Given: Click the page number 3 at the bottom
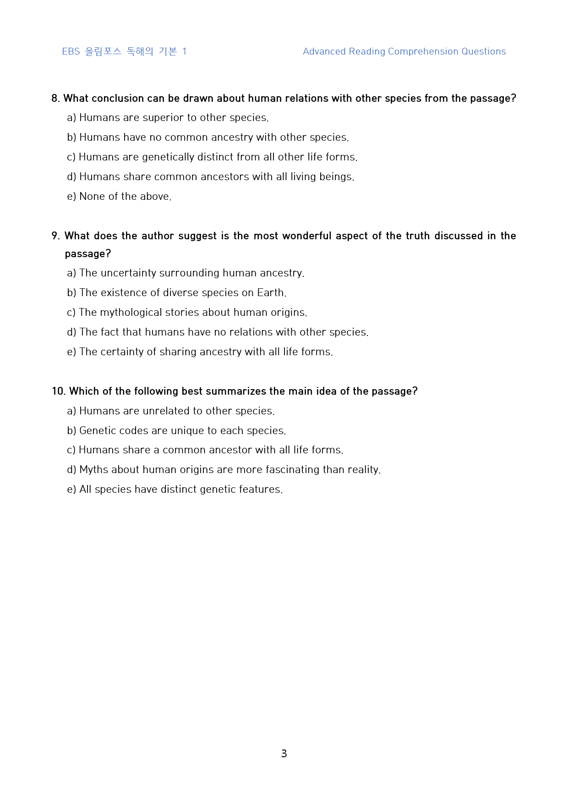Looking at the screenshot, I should [284, 754].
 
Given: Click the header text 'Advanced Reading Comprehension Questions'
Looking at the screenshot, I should [404, 51].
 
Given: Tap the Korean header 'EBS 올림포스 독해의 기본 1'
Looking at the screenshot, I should [124, 51].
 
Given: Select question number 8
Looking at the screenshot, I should [55, 98].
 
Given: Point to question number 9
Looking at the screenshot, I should [55, 236].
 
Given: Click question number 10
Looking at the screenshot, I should [59, 391].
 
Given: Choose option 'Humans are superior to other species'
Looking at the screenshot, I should [168, 118].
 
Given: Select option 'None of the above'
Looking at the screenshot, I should [119, 197].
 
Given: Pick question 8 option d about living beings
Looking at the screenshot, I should [211, 177].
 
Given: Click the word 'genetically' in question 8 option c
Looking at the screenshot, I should [168, 157].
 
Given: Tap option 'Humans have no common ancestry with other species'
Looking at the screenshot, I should [208, 138].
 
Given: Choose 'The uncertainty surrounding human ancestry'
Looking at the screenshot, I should [186, 273].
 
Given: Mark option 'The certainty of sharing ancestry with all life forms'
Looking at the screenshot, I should [200, 352].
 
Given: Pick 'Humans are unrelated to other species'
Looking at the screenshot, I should [171, 411].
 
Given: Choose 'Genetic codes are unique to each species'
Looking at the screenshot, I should [176, 431].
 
